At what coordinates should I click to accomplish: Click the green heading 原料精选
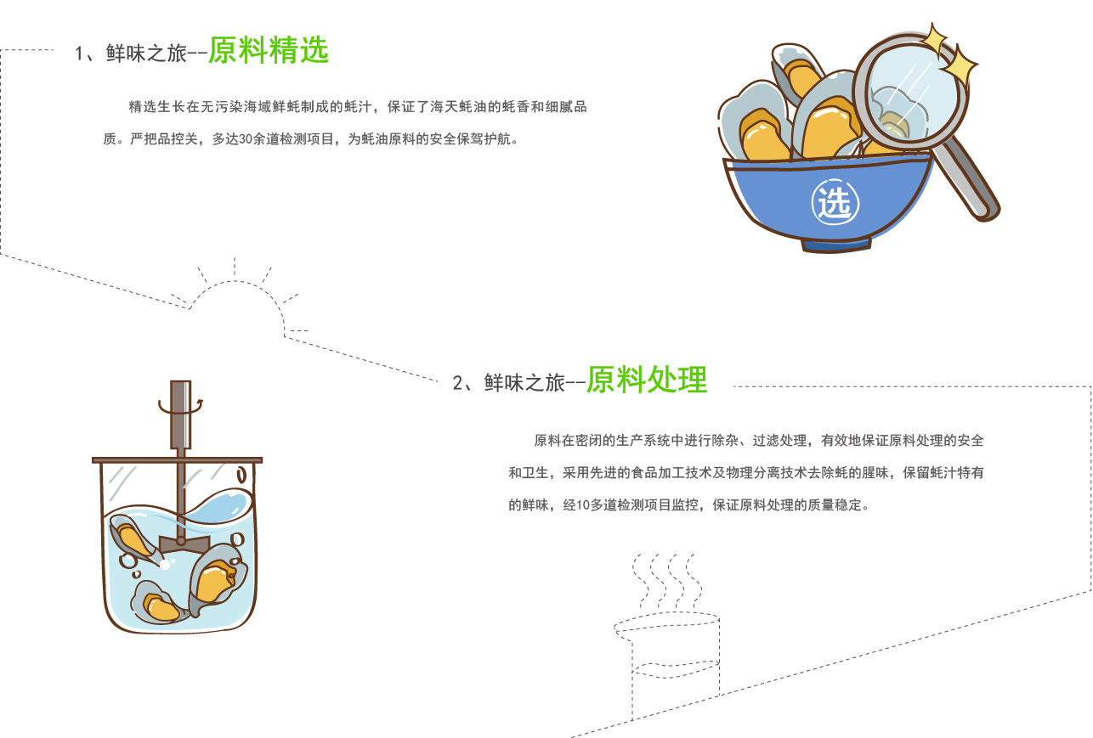(x=269, y=50)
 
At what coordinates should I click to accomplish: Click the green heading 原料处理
(x=647, y=380)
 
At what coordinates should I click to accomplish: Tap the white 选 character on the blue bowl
(x=835, y=202)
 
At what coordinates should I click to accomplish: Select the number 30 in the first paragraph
(x=246, y=139)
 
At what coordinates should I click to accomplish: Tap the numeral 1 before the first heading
(x=78, y=54)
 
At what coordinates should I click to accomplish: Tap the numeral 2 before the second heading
(x=458, y=383)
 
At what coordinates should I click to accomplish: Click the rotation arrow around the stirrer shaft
(x=180, y=407)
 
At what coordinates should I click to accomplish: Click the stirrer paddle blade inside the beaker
(x=184, y=544)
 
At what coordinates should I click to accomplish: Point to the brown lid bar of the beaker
(x=177, y=459)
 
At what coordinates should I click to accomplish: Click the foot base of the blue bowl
(x=835, y=245)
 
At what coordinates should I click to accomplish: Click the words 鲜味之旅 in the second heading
(x=524, y=383)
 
